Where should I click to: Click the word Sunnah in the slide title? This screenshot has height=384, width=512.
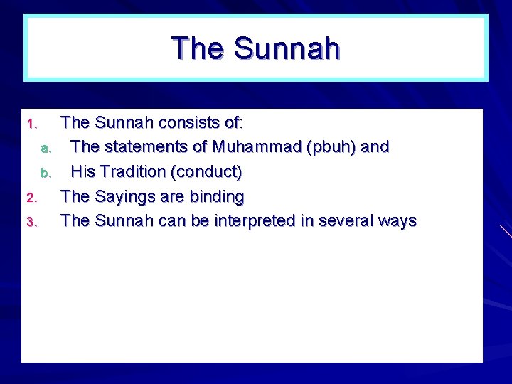pos(286,48)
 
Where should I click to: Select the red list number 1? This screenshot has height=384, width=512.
pos(31,124)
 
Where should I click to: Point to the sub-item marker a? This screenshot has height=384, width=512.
pos(46,149)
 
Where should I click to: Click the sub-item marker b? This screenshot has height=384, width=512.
pos(46,173)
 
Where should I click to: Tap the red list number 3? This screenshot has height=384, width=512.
pos(31,222)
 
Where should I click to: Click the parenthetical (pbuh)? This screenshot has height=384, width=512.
pos(333,147)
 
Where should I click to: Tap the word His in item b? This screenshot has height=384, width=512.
pos(83,172)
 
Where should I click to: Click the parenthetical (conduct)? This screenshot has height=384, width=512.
pos(208,172)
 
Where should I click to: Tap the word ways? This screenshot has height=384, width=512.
pos(398,221)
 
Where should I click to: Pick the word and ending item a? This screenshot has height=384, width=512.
pos(375,147)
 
